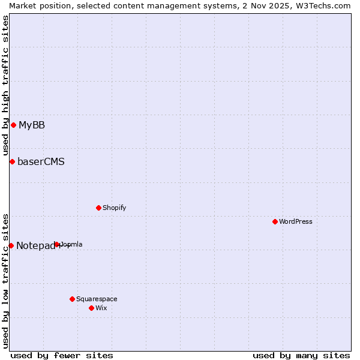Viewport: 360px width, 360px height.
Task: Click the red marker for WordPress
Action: [275, 221]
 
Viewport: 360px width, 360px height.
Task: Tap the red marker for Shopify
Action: [98, 208]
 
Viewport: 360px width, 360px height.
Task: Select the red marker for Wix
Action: [91, 308]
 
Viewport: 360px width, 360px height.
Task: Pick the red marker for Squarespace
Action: [72, 299]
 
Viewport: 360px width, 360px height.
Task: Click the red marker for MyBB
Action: [13, 125]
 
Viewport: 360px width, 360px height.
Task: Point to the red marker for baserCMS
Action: [12, 161]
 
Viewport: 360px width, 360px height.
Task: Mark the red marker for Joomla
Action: [57, 244]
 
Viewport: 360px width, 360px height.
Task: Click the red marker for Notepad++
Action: [11, 245]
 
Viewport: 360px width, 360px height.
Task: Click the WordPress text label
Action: [296, 221]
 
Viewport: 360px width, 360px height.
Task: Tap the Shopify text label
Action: [115, 208]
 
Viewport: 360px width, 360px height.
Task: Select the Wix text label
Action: [101, 308]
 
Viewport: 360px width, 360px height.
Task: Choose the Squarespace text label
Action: [97, 299]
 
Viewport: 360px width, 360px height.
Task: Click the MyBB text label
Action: [32, 125]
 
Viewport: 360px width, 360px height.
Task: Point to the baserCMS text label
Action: [41, 161]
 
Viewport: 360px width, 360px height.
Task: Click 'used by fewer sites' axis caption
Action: [62, 355]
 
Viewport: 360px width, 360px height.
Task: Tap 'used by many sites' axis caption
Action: [301, 355]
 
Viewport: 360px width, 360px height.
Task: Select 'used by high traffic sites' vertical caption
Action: [5, 85]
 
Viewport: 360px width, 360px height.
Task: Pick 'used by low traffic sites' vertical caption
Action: [5, 281]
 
